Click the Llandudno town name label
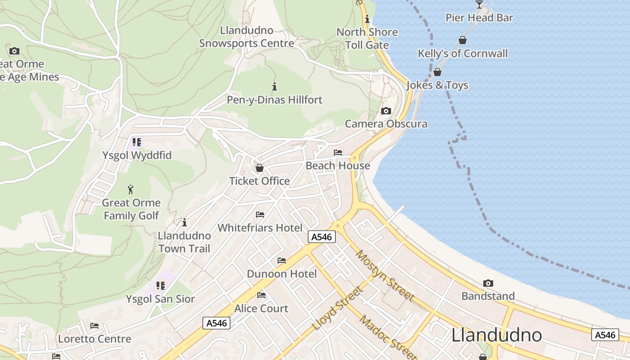click(x=496, y=335)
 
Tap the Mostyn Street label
click(x=385, y=275)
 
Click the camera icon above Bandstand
click(x=488, y=283)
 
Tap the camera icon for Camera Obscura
click(x=386, y=111)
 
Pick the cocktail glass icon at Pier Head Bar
click(x=479, y=4)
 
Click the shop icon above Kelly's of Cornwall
click(x=462, y=40)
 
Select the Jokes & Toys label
click(x=437, y=85)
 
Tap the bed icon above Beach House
click(x=338, y=153)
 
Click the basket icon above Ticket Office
click(x=259, y=168)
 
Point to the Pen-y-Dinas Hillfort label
click(x=274, y=99)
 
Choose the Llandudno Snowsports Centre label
click(x=247, y=37)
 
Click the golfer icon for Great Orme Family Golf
click(x=130, y=189)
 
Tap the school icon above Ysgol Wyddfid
click(x=137, y=142)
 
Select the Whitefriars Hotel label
click(x=260, y=228)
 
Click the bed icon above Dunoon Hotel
click(x=282, y=261)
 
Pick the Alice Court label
click(x=261, y=308)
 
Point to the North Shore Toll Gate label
click(x=367, y=38)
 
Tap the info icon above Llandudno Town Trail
click(x=184, y=222)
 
